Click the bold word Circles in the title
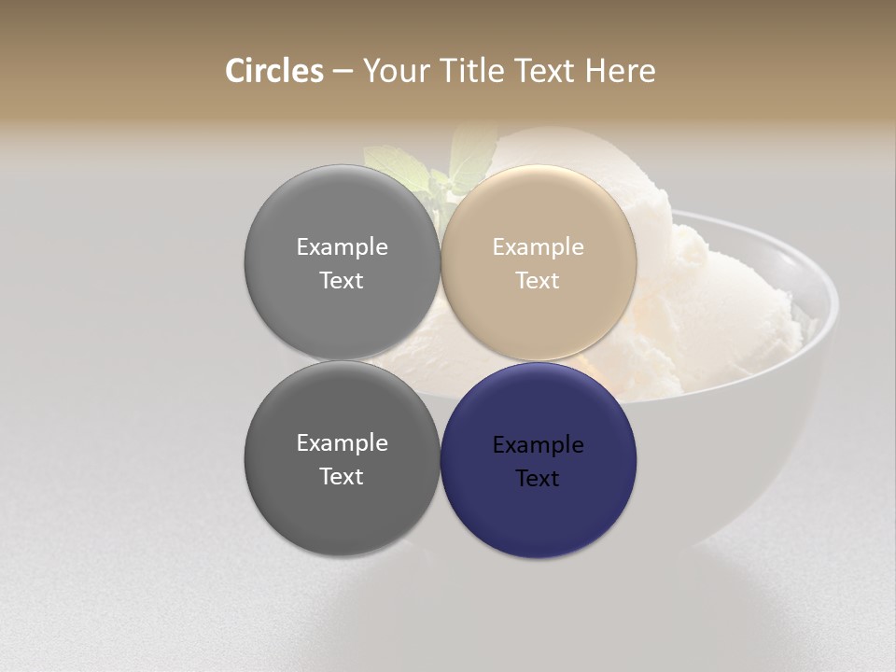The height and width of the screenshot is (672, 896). coord(273,71)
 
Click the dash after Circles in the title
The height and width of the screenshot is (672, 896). coord(343,72)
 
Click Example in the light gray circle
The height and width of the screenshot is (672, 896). coord(342,247)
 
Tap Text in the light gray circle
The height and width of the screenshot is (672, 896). coord(342,281)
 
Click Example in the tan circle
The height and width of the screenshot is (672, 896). coord(538,247)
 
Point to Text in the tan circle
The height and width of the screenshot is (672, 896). coord(538,281)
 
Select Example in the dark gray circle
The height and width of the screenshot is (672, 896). coord(342,443)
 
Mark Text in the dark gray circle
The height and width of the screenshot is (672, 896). coord(342,477)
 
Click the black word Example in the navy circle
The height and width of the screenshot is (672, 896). coord(538,445)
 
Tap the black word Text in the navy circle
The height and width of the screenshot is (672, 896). coord(538,479)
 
